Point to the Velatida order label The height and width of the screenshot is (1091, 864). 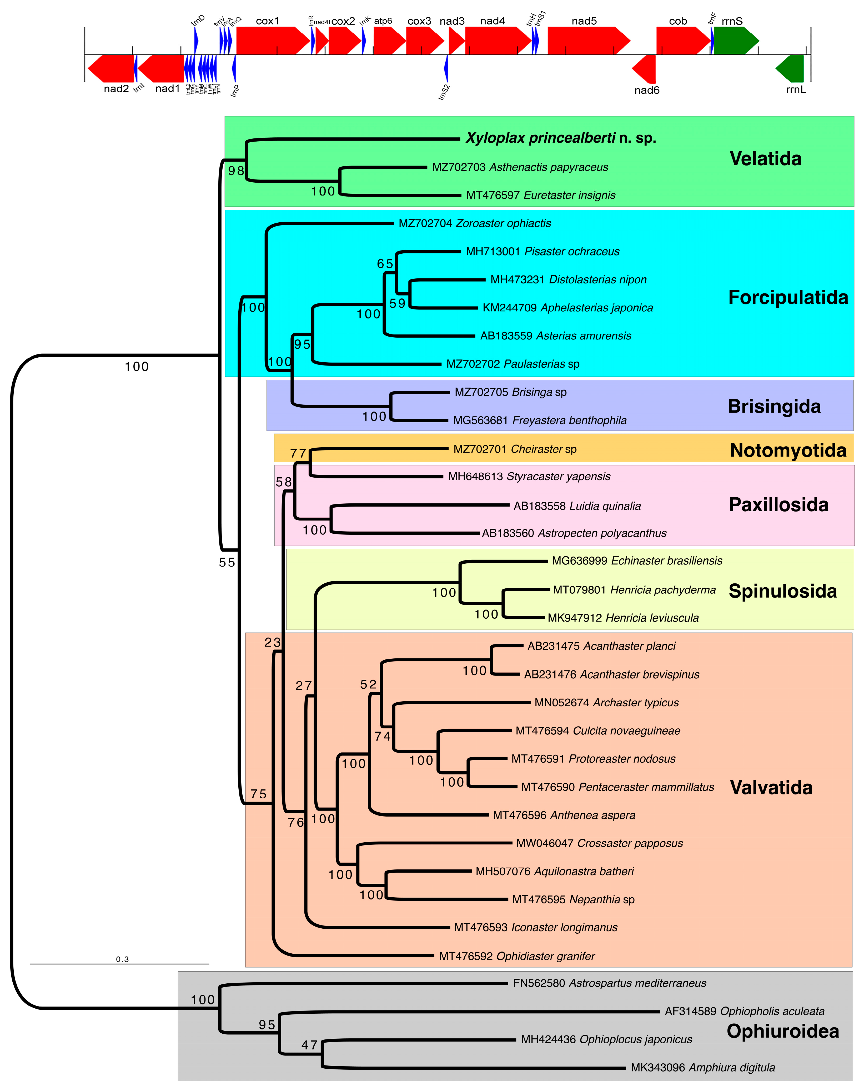click(x=765, y=159)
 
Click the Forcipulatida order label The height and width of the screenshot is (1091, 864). click(x=788, y=298)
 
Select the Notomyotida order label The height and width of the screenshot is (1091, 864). click(x=788, y=450)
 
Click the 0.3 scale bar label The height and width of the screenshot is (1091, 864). click(x=122, y=959)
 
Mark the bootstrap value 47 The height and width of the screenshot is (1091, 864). click(x=310, y=1045)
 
